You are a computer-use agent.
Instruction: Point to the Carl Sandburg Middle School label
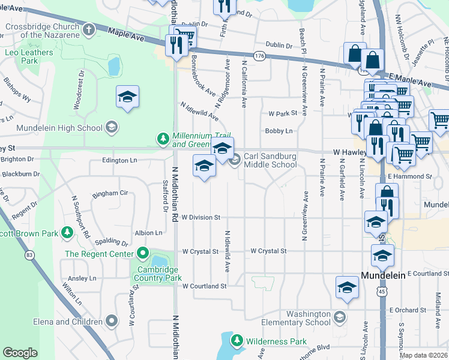[270, 160]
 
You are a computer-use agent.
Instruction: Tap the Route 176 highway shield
[259, 56]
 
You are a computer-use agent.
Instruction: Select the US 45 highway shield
[382, 291]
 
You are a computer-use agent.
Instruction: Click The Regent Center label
[99, 254]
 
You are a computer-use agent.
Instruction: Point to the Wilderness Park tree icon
[238, 341]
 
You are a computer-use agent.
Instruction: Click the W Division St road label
[202, 217]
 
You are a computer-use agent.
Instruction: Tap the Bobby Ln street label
[280, 131]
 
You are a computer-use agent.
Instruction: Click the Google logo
[20, 353]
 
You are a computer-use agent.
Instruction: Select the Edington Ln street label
[119, 160]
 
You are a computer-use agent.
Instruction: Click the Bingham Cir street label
[110, 193]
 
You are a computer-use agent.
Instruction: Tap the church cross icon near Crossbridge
[89, 29]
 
